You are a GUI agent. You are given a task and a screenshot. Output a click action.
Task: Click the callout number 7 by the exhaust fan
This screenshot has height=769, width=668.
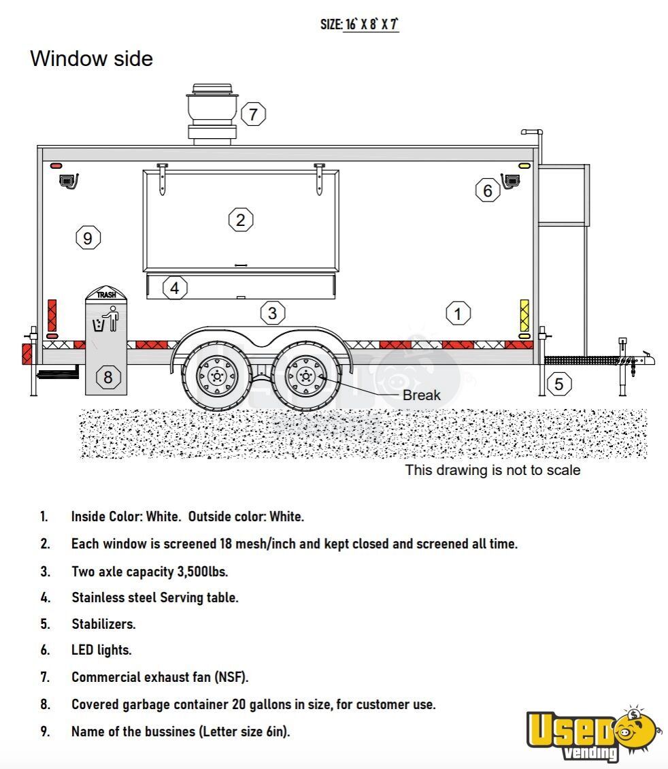pos(253,114)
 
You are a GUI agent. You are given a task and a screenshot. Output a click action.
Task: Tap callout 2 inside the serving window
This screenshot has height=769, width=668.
pos(240,220)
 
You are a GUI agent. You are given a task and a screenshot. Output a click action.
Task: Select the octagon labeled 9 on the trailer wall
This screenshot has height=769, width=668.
pos(88,238)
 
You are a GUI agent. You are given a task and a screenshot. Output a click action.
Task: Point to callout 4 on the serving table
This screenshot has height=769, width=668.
pos(175,288)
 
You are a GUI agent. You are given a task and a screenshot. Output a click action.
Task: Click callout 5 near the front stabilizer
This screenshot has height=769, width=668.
pos(558,384)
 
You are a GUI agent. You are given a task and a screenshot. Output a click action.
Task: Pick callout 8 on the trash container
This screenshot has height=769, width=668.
pos(107,376)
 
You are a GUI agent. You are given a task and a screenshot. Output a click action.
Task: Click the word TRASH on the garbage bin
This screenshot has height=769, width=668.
pos(106,295)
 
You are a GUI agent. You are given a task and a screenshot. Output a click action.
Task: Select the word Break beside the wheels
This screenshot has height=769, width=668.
pos(421,395)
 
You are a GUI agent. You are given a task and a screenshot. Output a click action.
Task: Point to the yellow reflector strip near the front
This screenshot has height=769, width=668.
pos(524,315)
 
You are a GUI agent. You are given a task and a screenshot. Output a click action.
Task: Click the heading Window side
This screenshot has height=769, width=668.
pos(91,59)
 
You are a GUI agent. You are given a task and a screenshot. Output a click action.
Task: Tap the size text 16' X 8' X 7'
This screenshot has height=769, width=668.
pos(371,24)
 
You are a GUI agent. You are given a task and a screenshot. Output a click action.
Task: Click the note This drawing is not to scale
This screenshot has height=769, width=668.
pos(492,470)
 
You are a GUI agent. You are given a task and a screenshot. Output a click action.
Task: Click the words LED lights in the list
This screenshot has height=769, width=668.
pos(101,650)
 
